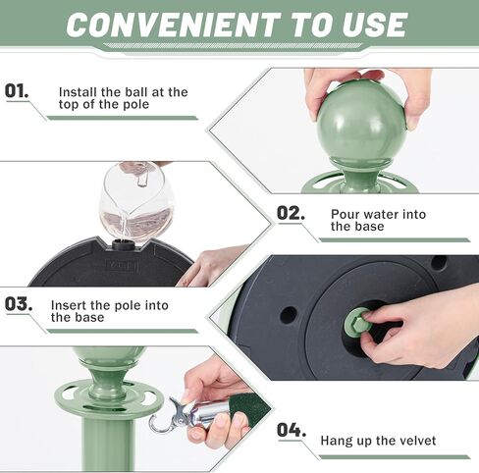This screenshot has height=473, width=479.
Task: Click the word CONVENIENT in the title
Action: [x=174, y=25]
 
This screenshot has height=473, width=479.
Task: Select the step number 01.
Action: [x=17, y=90]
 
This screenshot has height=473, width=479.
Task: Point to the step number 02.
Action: [x=291, y=213]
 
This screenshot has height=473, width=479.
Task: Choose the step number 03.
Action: [x=19, y=304]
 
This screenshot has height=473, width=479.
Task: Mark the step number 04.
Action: [x=292, y=430]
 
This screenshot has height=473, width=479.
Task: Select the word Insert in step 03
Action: [x=69, y=305]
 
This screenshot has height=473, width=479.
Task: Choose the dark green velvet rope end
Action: [x=252, y=409]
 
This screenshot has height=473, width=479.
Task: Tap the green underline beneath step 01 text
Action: [x=123, y=118]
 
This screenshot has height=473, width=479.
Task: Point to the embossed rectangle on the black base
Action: [x=121, y=266]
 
